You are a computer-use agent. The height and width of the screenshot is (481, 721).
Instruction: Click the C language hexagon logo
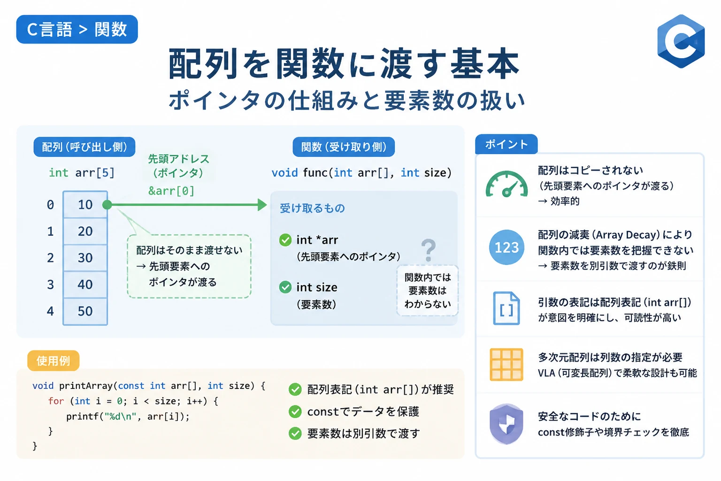[x=681, y=41]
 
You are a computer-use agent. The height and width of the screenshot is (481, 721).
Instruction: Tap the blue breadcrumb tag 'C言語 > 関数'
[x=77, y=29]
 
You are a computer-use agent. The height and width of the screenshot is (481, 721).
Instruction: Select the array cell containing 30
[x=85, y=258]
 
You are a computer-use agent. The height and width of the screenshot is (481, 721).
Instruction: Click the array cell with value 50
[x=85, y=311]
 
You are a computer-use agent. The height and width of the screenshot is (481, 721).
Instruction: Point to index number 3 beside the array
[x=51, y=285]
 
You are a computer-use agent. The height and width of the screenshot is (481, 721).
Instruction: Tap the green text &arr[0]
[x=171, y=191]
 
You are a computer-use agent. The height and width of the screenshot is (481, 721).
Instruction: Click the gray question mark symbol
[x=429, y=250]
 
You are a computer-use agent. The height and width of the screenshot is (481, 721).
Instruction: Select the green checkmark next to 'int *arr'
[x=285, y=240]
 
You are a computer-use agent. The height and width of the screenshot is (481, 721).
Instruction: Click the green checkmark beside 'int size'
[x=285, y=287]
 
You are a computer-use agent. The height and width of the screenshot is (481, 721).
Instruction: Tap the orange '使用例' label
[x=54, y=360]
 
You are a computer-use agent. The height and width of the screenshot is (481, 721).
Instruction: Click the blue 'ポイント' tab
[x=506, y=144]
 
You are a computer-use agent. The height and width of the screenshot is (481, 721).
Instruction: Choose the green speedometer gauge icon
[x=506, y=184]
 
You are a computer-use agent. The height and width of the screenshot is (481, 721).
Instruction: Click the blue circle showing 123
[x=506, y=248]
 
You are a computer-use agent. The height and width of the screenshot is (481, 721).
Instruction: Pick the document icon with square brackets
[x=506, y=308]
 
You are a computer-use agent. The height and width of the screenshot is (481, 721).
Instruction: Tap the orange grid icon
[x=506, y=365]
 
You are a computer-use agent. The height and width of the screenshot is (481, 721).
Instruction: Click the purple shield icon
[x=506, y=424]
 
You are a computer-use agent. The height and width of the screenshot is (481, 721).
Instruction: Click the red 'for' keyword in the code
[x=56, y=401]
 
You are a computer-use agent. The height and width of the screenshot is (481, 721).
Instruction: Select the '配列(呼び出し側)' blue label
[x=84, y=147]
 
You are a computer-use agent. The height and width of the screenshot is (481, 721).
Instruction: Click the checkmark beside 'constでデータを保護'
[x=295, y=412]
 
